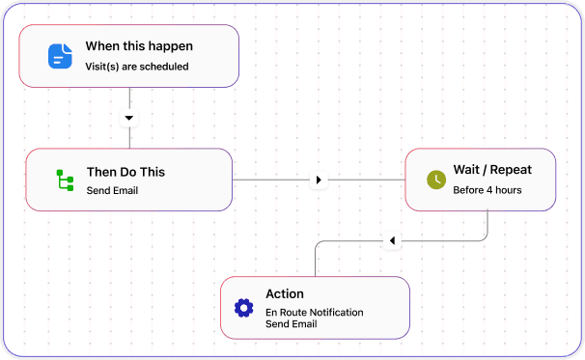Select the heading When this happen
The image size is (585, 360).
click(x=139, y=46)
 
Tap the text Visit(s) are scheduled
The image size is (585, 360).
click(x=137, y=67)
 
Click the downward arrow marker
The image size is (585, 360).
click(x=129, y=118)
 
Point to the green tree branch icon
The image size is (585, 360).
click(x=65, y=180)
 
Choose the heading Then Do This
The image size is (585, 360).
click(x=125, y=172)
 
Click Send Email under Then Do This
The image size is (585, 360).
click(x=113, y=190)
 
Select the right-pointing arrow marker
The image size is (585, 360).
click(x=320, y=180)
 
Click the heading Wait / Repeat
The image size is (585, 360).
click(x=492, y=170)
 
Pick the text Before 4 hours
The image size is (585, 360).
click(x=487, y=190)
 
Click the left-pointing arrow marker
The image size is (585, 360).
click(x=391, y=240)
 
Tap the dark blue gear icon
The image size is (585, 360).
click(x=243, y=308)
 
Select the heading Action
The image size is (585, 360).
click(x=285, y=293)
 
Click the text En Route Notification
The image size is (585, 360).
click(x=316, y=312)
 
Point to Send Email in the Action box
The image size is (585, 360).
click(x=292, y=324)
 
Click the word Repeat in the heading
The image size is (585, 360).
click(x=511, y=170)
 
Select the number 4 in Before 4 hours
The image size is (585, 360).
click(x=489, y=190)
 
